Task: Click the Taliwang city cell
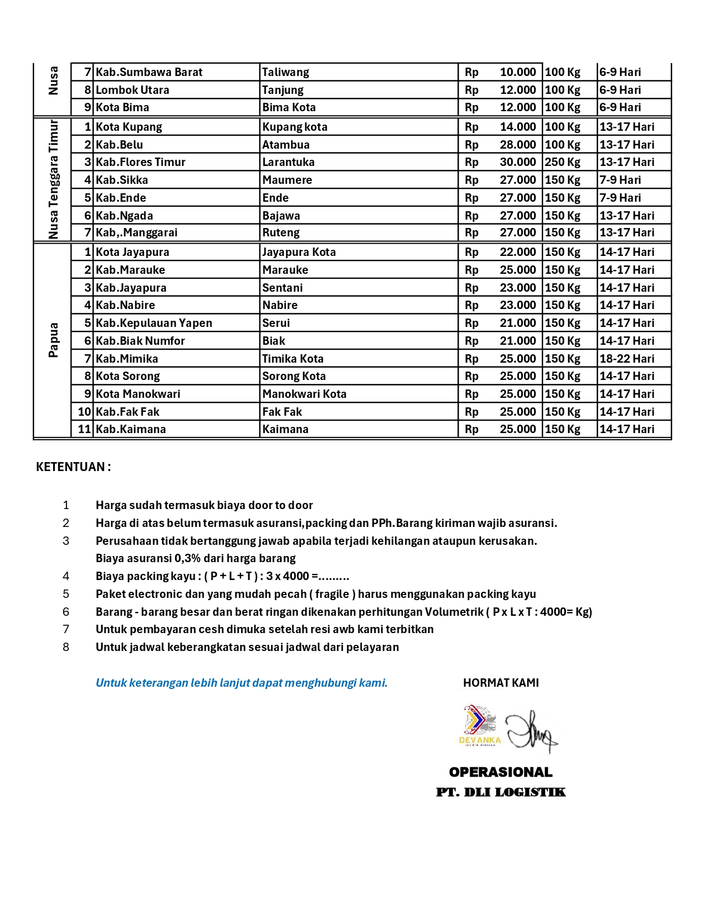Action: point(286,72)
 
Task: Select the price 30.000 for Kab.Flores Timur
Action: point(517,162)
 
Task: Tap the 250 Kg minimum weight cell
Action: point(563,162)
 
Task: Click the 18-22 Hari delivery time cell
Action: point(627,359)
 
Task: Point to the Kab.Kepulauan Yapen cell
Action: point(154,323)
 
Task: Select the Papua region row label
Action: point(53,340)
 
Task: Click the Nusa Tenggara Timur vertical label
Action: point(53,179)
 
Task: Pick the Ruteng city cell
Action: point(281,232)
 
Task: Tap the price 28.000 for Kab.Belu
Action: point(517,145)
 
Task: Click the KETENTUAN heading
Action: point(73,467)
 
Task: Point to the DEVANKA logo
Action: point(480,726)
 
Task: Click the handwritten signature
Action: point(531,731)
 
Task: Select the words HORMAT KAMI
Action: point(501,683)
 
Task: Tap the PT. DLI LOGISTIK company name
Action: point(501,792)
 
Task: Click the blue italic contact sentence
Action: point(242,683)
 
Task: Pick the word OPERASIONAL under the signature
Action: point(501,772)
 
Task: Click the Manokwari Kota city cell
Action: point(305,394)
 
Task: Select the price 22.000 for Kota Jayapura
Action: point(517,252)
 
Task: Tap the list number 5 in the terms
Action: point(66,594)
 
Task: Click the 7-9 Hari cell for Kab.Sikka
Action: point(620,180)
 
